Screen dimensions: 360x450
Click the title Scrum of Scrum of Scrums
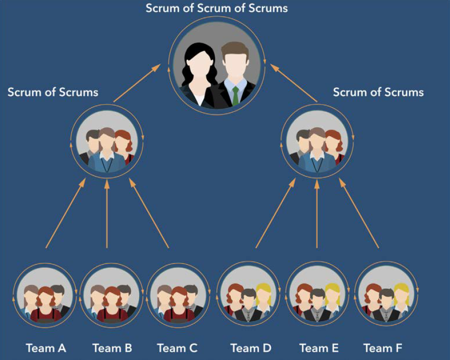pos(217,8)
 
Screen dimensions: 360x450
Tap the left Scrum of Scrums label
pos(53,92)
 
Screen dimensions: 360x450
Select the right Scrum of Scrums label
pos(378,92)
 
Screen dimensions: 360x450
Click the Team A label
pos(46,348)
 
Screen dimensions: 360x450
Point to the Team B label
pos(112,348)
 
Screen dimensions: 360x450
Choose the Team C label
pos(177,348)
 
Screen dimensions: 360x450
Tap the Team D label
pos(251,348)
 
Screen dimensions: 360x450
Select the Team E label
pos(319,348)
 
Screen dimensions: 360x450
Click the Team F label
pos(383,348)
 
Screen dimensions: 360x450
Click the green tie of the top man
pos(235,95)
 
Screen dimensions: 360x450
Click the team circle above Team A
pos(45,296)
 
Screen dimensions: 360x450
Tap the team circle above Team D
pos(249,295)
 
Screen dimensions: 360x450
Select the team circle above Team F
pos(386,295)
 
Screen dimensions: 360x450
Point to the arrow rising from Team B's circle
pos(107,214)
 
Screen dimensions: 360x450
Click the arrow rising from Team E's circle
pos(317,214)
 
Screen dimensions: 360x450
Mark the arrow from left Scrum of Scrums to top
pos(137,83)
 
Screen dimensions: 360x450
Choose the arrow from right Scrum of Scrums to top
pos(294,83)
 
